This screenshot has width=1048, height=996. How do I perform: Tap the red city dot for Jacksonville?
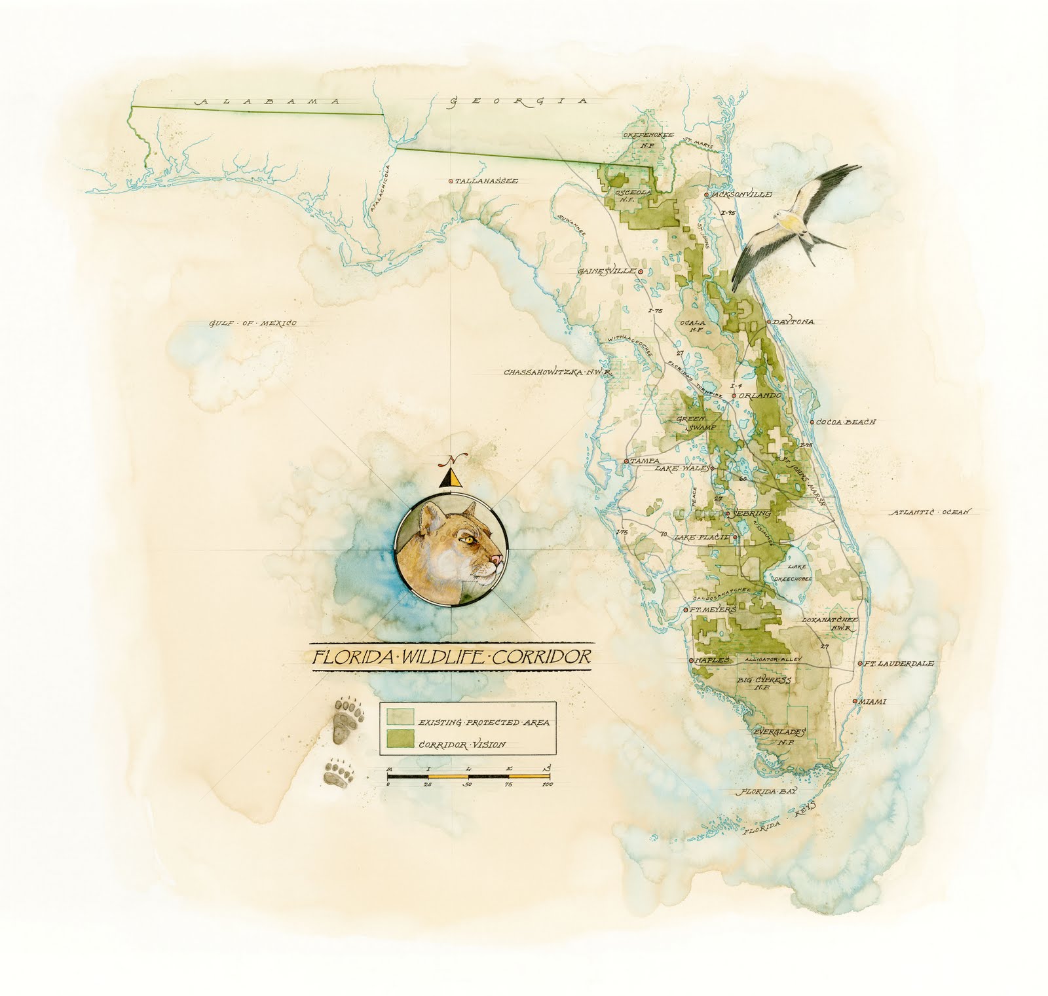[x=706, y=195]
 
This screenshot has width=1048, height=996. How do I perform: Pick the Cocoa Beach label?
[x=847, y=422]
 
